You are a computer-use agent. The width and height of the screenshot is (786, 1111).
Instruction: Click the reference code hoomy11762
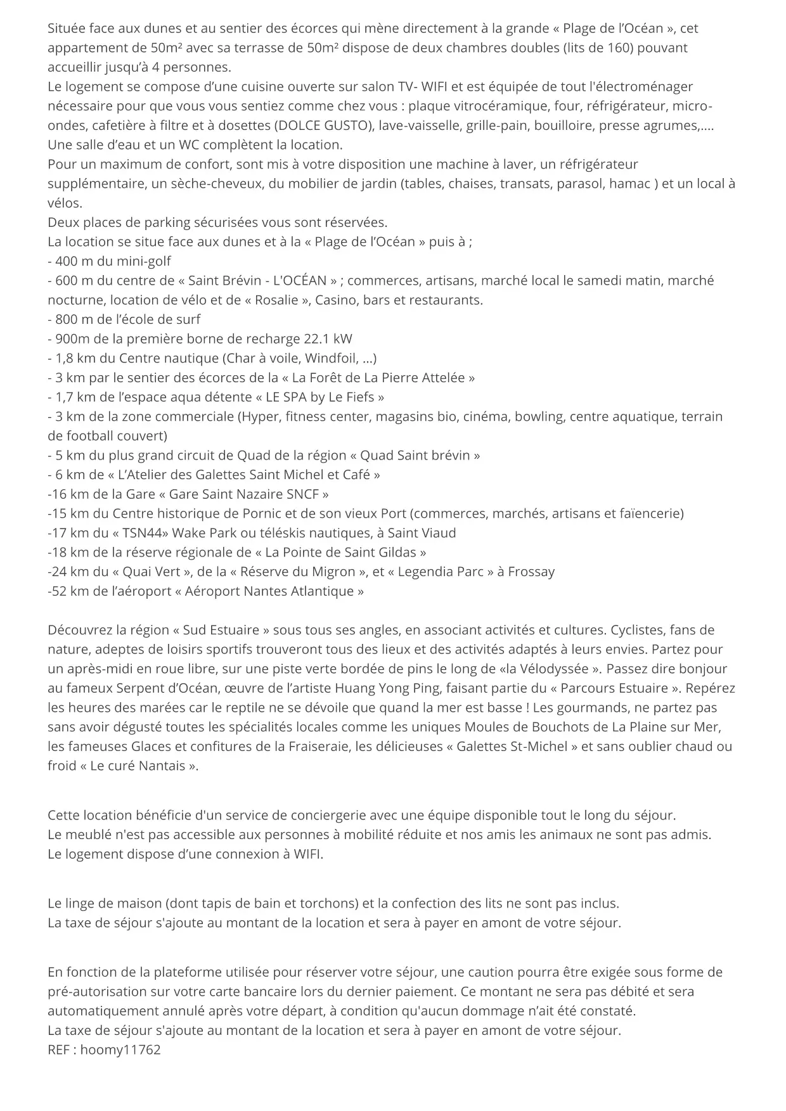(120, 1050)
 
